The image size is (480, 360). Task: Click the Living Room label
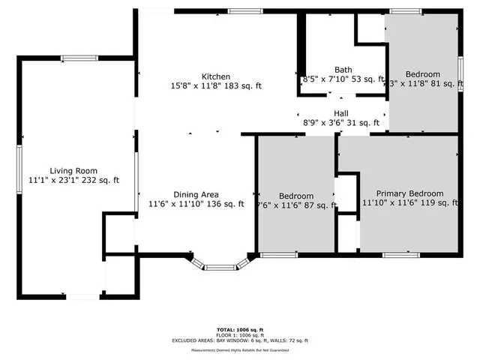click(73, 171)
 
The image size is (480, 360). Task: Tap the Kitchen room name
click(215, 76)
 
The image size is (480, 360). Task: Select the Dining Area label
click(196, 194)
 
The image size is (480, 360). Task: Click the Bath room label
click(343, 69)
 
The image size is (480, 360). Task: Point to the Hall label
click(341, 113)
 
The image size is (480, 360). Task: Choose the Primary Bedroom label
click(409, 193)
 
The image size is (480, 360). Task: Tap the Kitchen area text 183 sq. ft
click(244, 86)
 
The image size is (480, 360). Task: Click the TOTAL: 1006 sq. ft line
click(240, 329)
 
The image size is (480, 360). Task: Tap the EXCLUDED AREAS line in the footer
click(240, 340)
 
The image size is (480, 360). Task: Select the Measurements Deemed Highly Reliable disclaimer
click(240, 349)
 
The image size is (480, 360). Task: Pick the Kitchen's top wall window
click(240, 11)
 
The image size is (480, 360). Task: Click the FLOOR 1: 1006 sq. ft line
click(240, 334)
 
